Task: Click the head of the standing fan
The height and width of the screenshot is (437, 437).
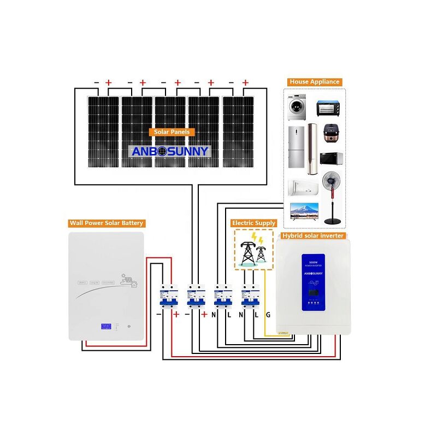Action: [x=332, y=182]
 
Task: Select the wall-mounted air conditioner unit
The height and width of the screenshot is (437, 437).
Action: [x=303, y=186]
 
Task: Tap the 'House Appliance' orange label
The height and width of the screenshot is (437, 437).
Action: [x=315, y=82]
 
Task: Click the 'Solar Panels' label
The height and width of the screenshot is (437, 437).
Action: [x=172, y=132]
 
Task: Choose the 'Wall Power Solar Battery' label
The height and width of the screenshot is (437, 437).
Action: [x=106, y=223]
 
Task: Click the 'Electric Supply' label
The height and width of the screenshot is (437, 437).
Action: [x=254, y=223]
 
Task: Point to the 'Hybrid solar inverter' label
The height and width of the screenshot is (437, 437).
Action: [x=312, y=235]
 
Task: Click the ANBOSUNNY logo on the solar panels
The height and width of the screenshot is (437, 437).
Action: [x=170, y=151]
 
